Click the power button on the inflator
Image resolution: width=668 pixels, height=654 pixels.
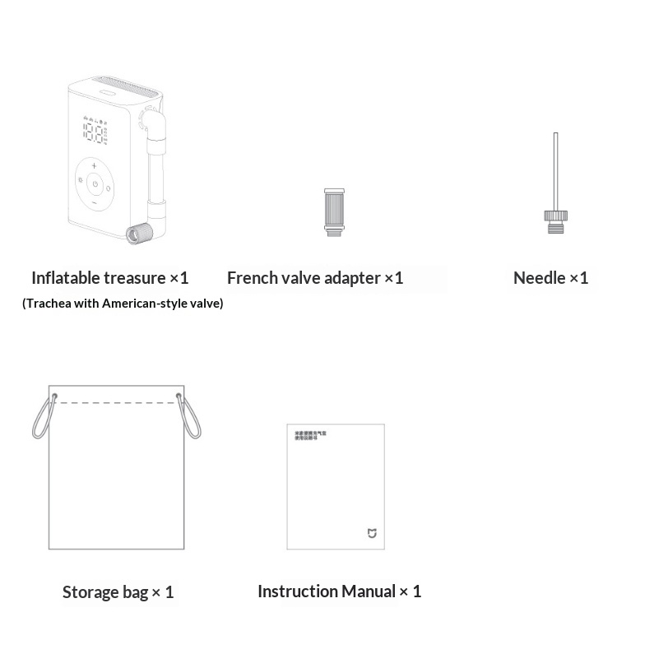point(95,183)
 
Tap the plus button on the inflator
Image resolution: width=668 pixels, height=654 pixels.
point(95,165)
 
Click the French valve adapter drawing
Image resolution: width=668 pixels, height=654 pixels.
point(334,211)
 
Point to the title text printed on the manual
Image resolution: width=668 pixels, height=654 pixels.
point(312,435)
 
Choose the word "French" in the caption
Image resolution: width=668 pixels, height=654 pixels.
point(252,277)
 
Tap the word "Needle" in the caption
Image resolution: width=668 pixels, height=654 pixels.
point(539,277)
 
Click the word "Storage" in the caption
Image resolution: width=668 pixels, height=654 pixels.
point(90,591)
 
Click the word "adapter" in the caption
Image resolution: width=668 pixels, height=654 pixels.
point(352,277)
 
